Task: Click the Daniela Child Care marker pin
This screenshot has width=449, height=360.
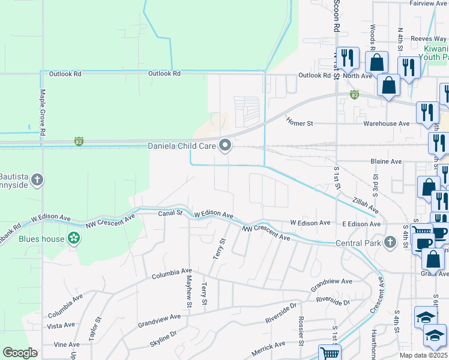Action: tap(226, 146)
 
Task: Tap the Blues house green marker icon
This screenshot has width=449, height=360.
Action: tap(74, 238)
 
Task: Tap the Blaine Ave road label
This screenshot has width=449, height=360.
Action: tap(386, 161)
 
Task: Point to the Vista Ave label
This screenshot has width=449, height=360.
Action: tap(61, 325)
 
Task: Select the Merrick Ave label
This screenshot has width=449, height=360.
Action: tap(268, 347)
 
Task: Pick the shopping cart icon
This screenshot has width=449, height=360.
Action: tap(330, 353)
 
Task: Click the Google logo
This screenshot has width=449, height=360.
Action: tap(20, 352)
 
